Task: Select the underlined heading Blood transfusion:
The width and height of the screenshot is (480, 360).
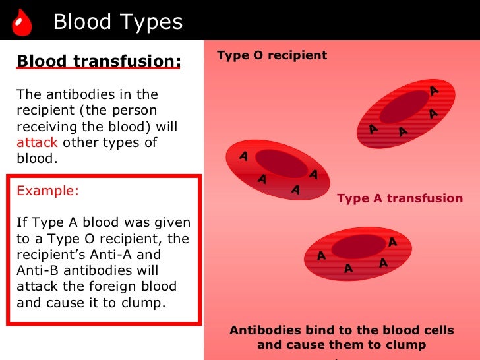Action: point(98,61)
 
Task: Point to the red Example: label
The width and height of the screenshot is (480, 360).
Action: point(47,191)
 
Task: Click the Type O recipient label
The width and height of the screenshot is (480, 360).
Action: point(272,55)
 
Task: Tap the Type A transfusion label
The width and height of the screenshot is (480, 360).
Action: point(400,198)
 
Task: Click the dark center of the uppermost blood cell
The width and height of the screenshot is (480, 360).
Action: point(404,107)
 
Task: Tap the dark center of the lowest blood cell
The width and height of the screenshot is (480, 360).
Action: point(357,247)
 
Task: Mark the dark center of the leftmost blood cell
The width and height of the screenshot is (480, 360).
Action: point(281,163)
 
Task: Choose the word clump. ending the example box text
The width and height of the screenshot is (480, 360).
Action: point(148,302)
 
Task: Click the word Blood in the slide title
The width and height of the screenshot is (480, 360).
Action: point(82,22)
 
